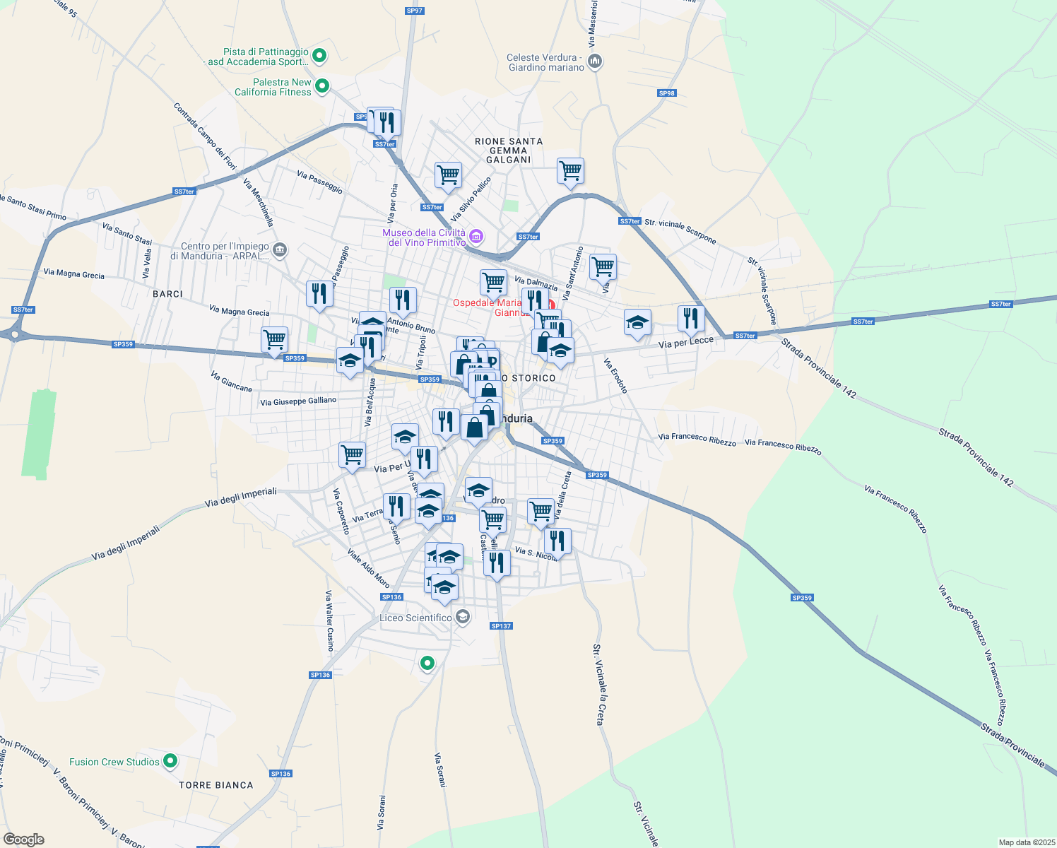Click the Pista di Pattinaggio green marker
[x=319, y=55]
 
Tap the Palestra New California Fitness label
[x=273, y=87]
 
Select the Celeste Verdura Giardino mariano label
[x=545, y=63]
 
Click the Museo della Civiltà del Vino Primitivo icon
[x=476, y=235]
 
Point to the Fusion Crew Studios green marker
[x=170, y=761]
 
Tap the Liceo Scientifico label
[x=415, y=618]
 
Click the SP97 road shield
[x=414, y=11]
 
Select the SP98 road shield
[x=666, y=93]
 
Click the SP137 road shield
[x=501, y=626]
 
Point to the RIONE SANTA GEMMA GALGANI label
[x=509, y=151]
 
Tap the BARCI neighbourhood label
[x=167, y=294]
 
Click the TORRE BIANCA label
[x=215, y=785]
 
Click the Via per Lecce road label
[x=685, y=343]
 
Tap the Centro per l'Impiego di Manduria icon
[x=281, y=249]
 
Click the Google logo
[x=23, y=840]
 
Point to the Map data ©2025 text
[x=1026, y=842]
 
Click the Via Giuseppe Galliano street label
[x=298, y=401]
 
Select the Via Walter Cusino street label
[x=329, y=620]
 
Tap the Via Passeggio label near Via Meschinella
[x=319, y=182]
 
